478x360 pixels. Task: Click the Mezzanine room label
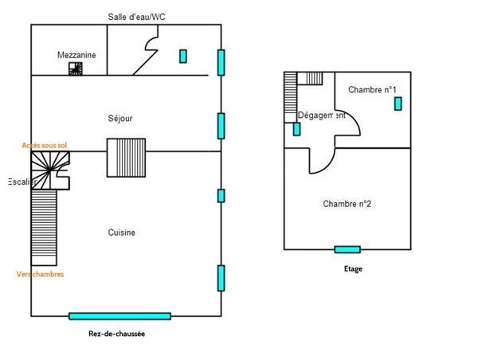click(x=76, y=55)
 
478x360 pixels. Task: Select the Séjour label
click(x=119, y=119)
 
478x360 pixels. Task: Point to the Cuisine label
click(x=122, y=233)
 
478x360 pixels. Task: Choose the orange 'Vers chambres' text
click(x=40, y=275)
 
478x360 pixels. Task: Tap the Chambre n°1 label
click(x=373, y=90)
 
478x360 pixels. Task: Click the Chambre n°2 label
click(x=347, y=204)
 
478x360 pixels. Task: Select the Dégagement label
click(x=321, y=115)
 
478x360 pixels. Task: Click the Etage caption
click(x=353, y=269)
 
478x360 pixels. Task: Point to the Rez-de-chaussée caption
click(x=116, y=335)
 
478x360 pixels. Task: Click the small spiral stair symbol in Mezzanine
click(x=75, y=69)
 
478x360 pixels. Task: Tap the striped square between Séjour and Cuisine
click(x=127, y=157)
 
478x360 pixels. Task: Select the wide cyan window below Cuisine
click(x=119, y=316)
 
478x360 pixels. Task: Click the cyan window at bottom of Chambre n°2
click(x=347, y=249)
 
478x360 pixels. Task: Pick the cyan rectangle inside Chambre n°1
click(x=397, y=103)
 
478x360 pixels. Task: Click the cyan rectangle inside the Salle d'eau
click(x=182, y=56)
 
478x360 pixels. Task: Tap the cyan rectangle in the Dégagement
click(x=296, y=129)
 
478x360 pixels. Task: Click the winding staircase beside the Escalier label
click(x=50, y=171)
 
